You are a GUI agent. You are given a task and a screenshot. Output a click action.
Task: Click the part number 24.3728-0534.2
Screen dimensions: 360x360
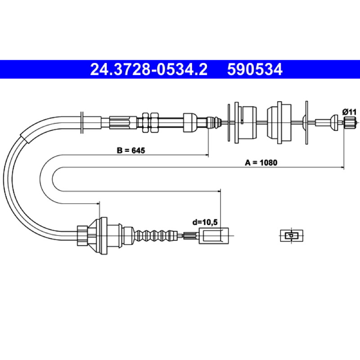[149, 69]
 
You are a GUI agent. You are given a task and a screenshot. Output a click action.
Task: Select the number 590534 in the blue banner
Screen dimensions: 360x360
[255, 69]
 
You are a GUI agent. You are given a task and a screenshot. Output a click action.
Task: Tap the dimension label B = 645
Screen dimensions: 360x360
[131, 150]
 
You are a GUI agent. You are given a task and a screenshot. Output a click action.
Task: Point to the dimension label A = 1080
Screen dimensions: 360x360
[261, 162]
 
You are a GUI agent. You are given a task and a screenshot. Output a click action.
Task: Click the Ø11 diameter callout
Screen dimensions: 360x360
[350, 112]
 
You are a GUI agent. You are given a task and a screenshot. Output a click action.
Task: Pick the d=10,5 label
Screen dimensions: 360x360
[205, 222]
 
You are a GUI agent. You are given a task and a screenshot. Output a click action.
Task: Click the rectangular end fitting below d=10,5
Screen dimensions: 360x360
[214, 235]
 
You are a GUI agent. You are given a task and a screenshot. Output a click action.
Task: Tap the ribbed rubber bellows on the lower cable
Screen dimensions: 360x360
[156, 235]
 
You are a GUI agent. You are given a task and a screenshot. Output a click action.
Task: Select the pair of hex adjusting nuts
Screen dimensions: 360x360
[150, 122]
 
